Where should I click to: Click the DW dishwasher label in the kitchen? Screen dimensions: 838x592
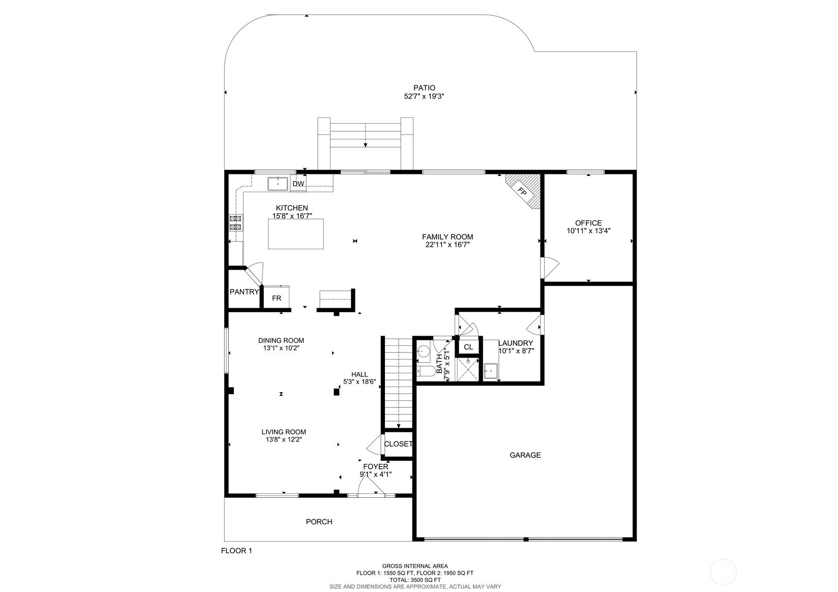[298, 184]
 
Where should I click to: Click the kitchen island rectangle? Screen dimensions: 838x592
[295, 234]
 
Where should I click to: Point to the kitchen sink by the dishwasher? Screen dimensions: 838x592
[278, 184]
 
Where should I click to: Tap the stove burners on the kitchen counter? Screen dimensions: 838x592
[236, 223]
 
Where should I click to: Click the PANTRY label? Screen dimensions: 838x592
[244, 292]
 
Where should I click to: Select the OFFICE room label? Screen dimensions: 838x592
[588, 223]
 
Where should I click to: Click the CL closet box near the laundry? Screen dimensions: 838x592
[468, 347]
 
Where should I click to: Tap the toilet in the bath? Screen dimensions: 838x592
[426, 371]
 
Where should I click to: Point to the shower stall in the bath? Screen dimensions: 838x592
[468, 369]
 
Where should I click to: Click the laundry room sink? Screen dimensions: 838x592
[491, 371]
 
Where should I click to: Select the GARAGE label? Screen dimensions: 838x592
[525, 455]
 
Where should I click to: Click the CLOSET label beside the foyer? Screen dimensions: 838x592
[398, 444]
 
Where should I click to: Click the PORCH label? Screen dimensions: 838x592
[319, 522]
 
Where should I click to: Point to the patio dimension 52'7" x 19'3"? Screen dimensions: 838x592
[424, 96]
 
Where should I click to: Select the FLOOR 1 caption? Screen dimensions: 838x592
[236, 550]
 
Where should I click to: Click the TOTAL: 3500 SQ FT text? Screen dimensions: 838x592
[415, 580]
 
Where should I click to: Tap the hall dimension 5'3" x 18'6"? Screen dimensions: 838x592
[360, 381]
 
